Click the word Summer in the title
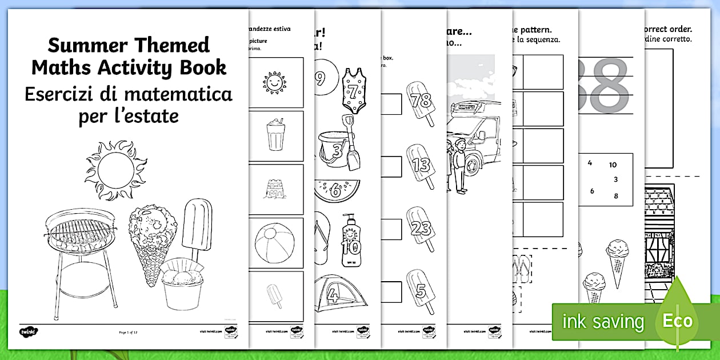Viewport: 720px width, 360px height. coord(83,45)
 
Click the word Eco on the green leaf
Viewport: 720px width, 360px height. coord(678,321)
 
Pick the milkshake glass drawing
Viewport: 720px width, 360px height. coord(275,135)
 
